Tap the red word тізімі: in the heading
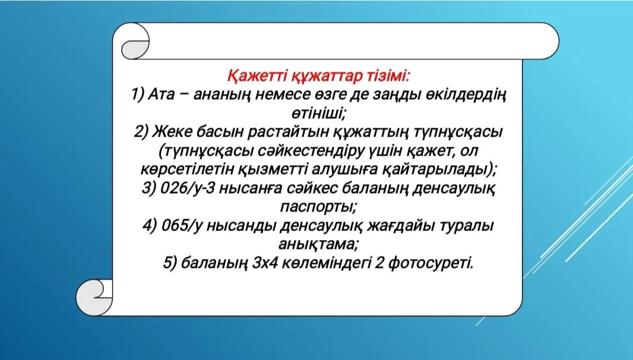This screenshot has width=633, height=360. [x=388, y=75]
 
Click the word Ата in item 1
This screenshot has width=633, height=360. [x=161, y=94]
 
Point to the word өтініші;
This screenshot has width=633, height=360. [x=319, y=113]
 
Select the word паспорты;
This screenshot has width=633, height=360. [x=318, y=207]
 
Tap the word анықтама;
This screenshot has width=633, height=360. [x=318, y=244]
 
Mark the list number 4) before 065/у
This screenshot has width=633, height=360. [x=150, y=226]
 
